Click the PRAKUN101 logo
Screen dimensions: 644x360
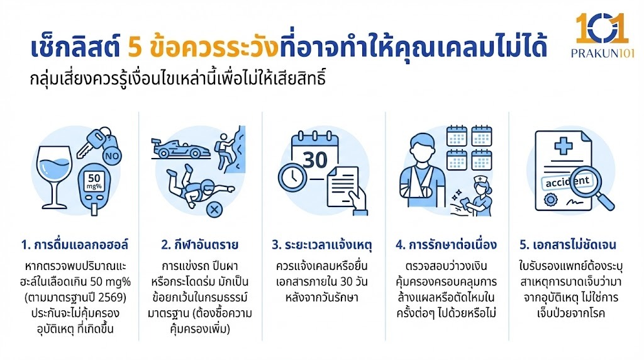tap(602, 35)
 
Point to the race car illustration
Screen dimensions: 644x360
tap(180, 149)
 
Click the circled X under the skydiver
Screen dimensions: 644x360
tap(214, 210)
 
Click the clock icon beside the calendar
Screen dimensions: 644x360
tap(292, 177)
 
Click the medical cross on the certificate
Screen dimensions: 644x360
tap(563, 146)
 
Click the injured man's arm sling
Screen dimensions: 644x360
tap(419, 186)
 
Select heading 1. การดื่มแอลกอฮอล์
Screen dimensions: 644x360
tap(75, 245)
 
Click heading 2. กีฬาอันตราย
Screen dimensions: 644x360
tap(200, 245)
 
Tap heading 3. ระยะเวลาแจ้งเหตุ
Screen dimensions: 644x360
tap(322, 245)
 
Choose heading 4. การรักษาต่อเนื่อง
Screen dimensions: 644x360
tap(447, 245)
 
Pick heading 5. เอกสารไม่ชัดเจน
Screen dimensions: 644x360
tap(568, 245)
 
